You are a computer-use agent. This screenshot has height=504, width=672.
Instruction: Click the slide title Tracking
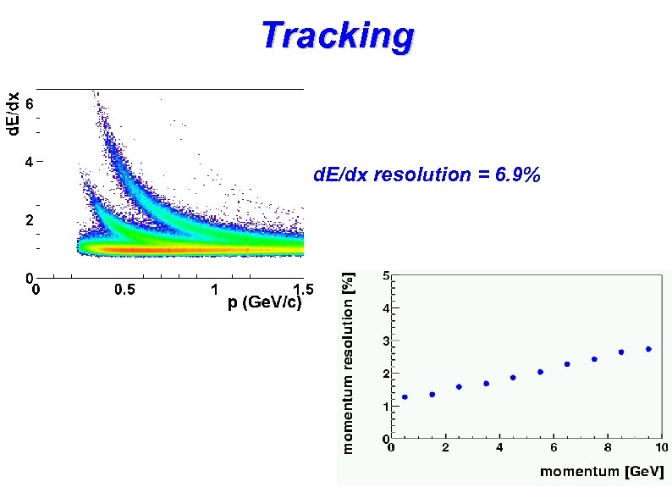(337, 36)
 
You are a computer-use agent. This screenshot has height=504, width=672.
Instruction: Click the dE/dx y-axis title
(13, 114)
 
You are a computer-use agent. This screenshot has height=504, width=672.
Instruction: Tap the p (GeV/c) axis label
(265, 303)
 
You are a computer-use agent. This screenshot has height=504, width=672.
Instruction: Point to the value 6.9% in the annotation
(516, 175)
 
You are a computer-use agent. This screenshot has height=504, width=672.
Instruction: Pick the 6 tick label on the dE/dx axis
(28, 104)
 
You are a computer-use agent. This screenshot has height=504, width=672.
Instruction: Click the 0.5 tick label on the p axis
(124, 290)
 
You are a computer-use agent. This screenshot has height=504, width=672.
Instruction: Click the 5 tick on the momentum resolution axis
(386, 276)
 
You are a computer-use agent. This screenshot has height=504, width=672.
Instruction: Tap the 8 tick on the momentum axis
(607, 447)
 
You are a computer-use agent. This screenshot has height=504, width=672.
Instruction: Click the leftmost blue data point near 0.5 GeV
(405, 396)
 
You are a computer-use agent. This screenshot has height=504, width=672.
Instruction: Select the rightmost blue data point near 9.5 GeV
(648, 349)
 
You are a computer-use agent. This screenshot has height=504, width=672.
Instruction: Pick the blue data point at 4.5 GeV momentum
(513, 378)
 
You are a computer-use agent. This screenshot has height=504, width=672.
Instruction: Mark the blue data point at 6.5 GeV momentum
(567, 364)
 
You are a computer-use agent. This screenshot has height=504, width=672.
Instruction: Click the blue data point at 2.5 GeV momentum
(459, 386)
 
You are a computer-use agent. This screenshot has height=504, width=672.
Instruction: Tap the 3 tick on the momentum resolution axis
(386, 341)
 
